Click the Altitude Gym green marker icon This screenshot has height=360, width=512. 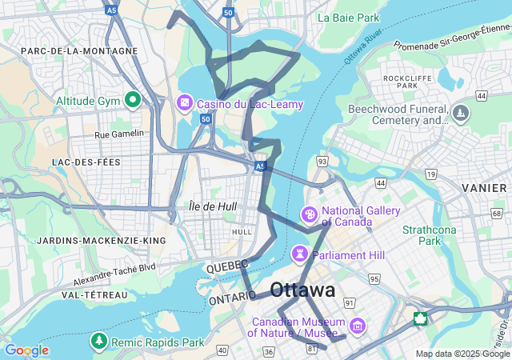point(133,101)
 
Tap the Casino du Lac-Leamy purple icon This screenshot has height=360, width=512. point(185,103)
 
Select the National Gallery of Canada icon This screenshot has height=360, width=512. point(308,214)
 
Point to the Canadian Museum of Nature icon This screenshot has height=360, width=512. point(358,326)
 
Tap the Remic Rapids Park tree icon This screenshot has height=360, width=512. point(99,342)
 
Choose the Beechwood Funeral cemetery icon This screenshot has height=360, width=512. point(460,114)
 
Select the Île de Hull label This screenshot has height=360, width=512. point(212,206)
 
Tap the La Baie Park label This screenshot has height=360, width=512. point(348,17)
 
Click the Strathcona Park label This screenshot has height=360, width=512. point(422,234)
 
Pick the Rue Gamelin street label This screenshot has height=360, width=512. point(119,134)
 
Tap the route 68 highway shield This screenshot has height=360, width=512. point(497,214)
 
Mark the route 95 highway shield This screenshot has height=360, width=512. point(374,278)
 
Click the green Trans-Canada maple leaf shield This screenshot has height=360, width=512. point(420,318)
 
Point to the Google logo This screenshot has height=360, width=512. point(26,350)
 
